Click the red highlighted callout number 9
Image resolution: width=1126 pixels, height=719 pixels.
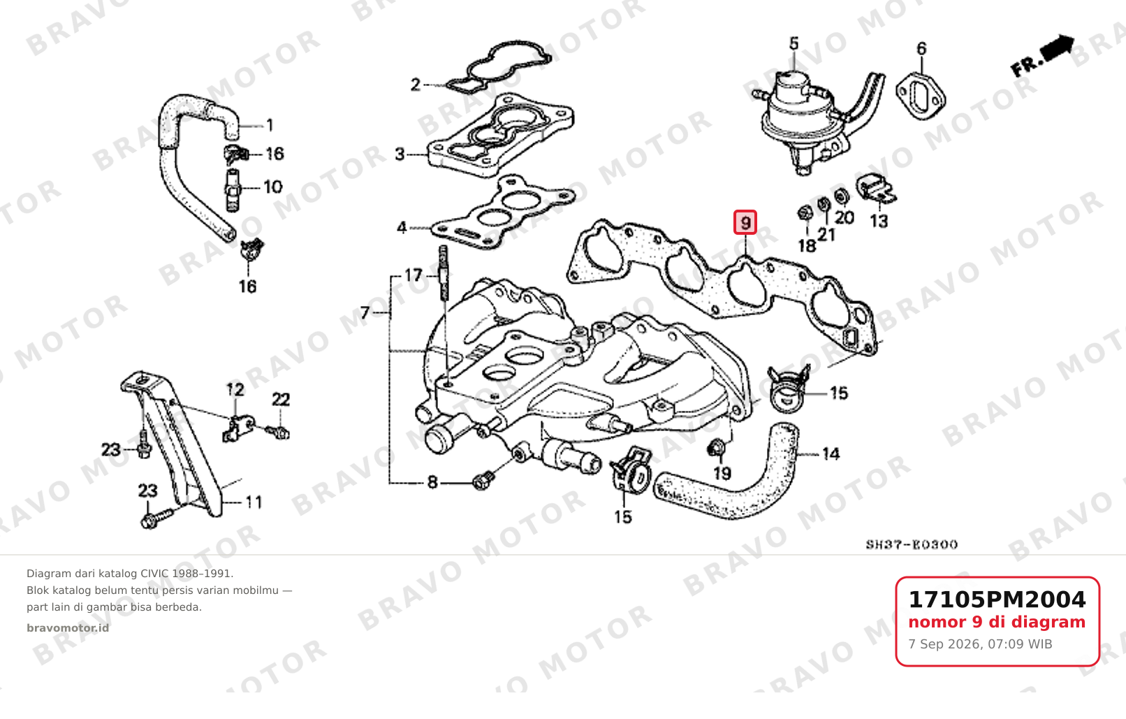click(x=745, y=222)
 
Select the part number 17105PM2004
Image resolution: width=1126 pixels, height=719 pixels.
click(x=997, y=600)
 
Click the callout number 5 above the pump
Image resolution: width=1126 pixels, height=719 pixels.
click(x=794, y=43)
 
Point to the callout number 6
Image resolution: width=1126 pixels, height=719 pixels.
click(x=921, y=49)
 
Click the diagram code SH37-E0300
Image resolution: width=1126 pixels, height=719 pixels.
click(x=912, y=544)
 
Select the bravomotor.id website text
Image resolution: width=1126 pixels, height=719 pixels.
click(x=68, y=628)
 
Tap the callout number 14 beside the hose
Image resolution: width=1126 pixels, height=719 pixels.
click(x=831, y=454)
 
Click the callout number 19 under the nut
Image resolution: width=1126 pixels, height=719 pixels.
click(x=722, y=473)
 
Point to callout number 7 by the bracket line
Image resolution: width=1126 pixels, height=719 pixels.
click(x=365, y=313)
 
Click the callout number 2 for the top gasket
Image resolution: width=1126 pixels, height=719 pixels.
click(x=415, y=85)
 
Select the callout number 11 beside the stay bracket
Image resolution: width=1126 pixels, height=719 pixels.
click(x=254, y=502)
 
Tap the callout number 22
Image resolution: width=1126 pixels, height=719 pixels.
click(x=281, y=399)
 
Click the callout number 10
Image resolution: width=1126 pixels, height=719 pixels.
click(x=273, y=187)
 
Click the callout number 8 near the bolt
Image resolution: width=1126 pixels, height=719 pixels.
click(x=432, y=482)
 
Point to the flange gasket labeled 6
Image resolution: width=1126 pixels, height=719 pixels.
click(x=921, y=97)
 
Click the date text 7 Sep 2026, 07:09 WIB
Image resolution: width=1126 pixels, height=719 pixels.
click(x=980, y=644)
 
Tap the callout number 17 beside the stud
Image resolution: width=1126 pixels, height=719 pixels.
click(x=414, y=275)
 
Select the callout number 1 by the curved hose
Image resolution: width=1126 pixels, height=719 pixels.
click(x=270, y=124)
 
